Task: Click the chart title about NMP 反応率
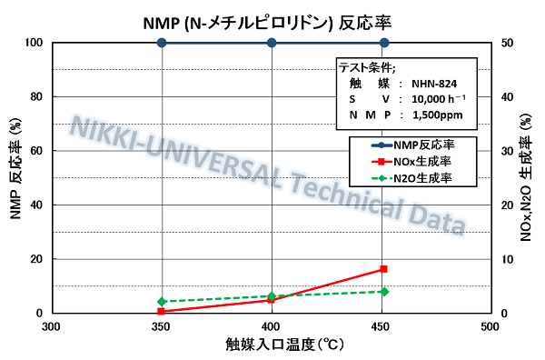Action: (272, 19)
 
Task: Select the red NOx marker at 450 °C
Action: (383, 269)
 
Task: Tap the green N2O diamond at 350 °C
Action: (162, 302)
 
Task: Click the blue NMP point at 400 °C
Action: (272, 43)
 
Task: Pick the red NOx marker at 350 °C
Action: (162, 311)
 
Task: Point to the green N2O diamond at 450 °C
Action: (384, 291)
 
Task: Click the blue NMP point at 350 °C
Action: (162, 43)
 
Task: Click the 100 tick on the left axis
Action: (35, 43)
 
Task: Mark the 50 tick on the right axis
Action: (508, 43)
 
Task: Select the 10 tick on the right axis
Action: (508, 259)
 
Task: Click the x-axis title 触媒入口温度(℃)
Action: (272, 345)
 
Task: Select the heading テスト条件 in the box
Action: (368, 66)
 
